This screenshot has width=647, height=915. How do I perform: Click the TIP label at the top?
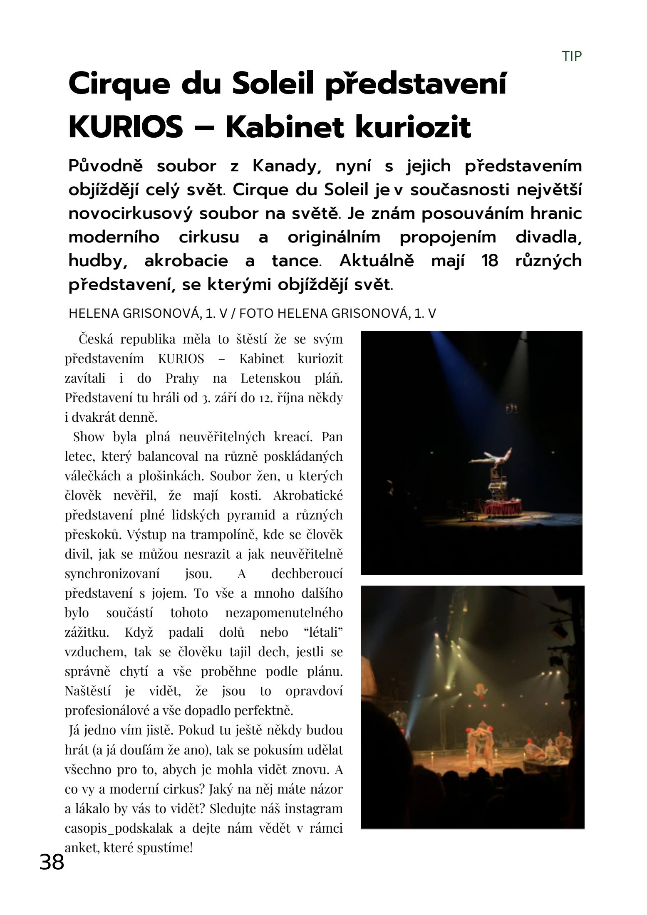572,56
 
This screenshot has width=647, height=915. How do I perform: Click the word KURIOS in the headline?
126,127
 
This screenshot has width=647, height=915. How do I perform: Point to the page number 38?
52,861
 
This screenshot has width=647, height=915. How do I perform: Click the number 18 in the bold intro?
489,261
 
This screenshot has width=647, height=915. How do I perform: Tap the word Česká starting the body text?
96,339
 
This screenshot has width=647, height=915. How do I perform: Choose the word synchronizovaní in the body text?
112,574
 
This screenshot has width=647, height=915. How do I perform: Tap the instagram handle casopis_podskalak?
119,828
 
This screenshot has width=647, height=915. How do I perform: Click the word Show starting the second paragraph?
89,437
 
